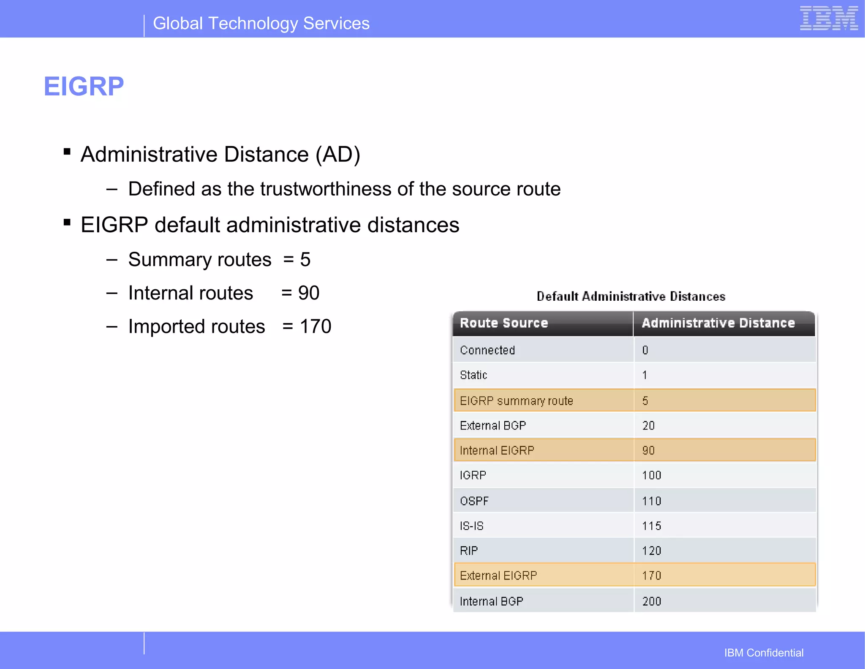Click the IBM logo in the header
(829, 19)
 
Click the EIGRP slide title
(84, 87)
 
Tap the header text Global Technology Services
(261, 24)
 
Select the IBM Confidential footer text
(764, 653)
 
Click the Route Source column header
(504, 323)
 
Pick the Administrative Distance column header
(718, 323)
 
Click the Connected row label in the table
(487, 350)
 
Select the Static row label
(473, 375)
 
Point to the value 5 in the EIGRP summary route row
(645, 401)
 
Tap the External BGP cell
(493, 425)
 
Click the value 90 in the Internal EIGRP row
(648, 450)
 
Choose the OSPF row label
(474, 501)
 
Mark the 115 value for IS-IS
(651, 526)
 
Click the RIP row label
(469, 551)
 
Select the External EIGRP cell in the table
(498, 576)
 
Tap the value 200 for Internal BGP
(651, 601)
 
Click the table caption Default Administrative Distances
(631, 296)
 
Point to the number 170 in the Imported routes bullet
(316, 326)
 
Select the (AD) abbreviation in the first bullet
(338, 155)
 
